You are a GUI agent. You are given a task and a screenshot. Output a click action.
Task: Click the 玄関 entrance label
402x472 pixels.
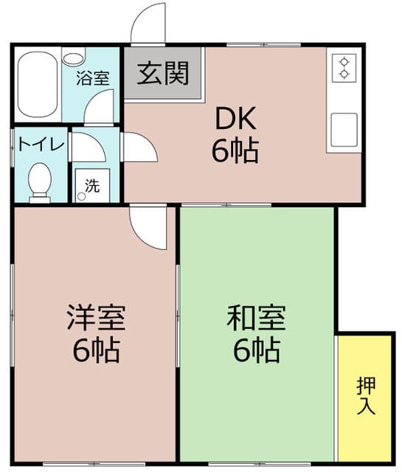click(162, 73)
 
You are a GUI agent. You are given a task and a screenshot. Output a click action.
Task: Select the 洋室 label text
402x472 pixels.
click(96, 319)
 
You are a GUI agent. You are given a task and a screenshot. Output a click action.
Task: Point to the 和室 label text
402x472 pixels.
click(256, 319)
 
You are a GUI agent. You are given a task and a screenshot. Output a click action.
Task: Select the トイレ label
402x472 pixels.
click(41, 144)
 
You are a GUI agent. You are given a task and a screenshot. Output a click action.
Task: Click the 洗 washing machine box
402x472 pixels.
click(91, 186)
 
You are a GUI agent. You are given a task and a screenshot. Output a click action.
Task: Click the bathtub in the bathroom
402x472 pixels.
click(37, 85)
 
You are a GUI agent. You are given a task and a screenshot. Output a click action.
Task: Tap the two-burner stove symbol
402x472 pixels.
click(344, 69)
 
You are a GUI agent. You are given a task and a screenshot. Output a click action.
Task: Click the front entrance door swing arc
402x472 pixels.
click(148, 24)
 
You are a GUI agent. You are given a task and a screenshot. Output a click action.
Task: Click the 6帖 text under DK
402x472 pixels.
click(235, 150)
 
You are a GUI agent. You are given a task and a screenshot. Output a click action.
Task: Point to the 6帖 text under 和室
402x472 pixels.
click(256, 351)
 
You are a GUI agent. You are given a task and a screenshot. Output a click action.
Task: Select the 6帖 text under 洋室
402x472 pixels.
click(96, 351)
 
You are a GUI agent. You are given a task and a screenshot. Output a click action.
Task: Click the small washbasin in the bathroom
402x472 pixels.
click(74, 58)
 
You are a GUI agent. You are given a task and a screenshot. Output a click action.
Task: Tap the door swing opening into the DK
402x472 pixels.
click(138, 147)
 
